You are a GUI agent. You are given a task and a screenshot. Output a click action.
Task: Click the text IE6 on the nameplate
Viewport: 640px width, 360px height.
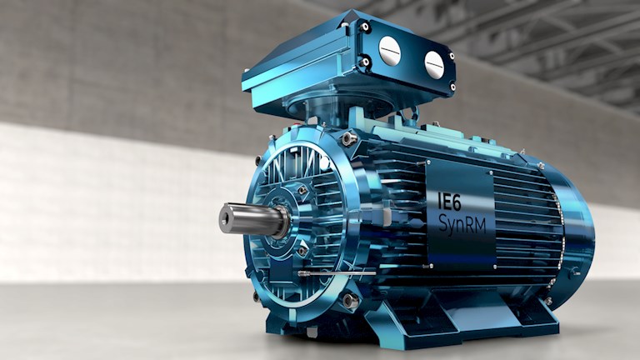point(449,201)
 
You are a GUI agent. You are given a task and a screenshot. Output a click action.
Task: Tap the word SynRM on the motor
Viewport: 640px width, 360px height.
point(462,225)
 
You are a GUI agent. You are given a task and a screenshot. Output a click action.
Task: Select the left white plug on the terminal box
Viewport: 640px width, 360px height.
point(390,51)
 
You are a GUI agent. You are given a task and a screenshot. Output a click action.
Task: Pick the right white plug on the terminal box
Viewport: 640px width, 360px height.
point(434,62)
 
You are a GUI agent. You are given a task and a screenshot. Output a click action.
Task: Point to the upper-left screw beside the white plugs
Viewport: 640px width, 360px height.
point(364,27)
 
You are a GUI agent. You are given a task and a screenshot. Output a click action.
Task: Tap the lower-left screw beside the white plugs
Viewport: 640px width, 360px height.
point(365,62)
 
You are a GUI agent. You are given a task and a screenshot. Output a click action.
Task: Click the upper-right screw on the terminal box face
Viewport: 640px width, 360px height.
point(452,56)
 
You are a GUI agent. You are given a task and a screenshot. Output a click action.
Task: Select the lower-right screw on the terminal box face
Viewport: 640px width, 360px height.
point(452,87)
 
